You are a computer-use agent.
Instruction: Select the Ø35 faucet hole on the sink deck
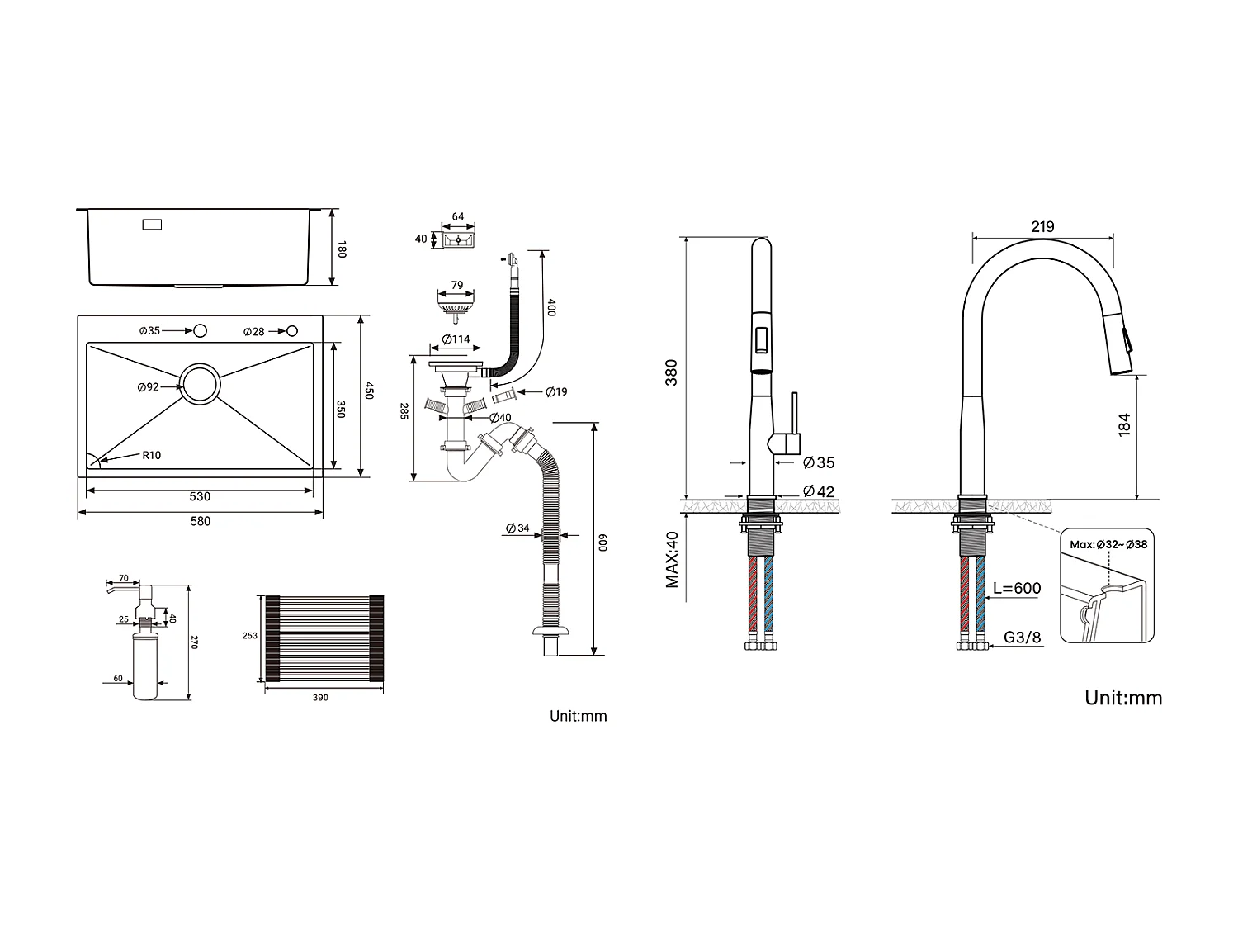click(199, 331)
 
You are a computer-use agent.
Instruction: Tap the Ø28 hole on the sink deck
click(291, 331)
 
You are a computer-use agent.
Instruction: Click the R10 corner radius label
click(151, 455)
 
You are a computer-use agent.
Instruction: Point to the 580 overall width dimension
click(200, 521)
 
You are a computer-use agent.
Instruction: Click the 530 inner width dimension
click(200, 496)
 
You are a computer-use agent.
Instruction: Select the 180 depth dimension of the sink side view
click(342, 248)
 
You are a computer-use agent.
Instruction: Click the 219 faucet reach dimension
click(1042, 226)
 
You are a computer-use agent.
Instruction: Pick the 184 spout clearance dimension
click(1123, 424)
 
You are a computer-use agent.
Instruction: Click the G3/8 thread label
click(1022, 638)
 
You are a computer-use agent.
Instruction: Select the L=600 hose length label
click(1016, 589)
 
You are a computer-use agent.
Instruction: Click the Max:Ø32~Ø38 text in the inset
click(1108, 544)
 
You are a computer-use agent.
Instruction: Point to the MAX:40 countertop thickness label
click(673, 560)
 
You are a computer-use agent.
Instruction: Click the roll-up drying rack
click(320, 638)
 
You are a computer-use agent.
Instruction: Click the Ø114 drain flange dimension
click(456, 339)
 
